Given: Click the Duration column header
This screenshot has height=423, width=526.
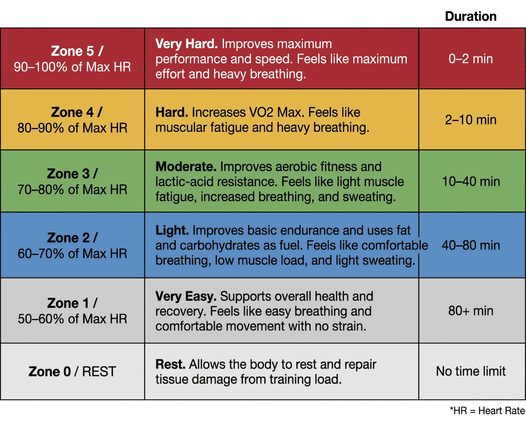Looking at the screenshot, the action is coord(470,16).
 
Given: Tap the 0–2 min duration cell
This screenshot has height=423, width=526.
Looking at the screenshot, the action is coord(470,59).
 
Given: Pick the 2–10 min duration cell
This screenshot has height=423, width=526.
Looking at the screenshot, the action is coord(470,120).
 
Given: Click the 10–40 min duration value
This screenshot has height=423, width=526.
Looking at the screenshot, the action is coord(471,181).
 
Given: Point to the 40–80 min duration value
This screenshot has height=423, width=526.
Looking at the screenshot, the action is coord(471,245).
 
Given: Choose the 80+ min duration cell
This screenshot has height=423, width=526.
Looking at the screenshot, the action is coord(470,310).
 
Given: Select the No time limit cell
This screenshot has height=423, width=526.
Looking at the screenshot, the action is coord(471,371).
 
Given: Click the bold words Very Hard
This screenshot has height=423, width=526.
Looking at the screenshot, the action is coord(186,44).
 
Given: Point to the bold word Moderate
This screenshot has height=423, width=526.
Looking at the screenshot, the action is coord(186,166).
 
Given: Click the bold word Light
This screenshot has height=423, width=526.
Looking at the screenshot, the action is coord(172,230).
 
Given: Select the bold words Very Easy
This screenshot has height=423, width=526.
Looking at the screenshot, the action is coord(186,296).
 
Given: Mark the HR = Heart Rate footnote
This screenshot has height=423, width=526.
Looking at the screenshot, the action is coord(487,411).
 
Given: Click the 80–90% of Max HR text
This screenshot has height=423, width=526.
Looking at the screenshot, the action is coord(72,128).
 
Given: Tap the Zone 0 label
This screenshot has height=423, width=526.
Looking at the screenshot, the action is coord(50,371).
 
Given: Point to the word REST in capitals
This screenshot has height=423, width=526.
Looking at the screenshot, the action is coord(99,371).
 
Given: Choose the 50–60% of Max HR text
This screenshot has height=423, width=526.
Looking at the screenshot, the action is coord(72,319).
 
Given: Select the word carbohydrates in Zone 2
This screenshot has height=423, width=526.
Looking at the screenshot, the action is coord(220,246).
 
